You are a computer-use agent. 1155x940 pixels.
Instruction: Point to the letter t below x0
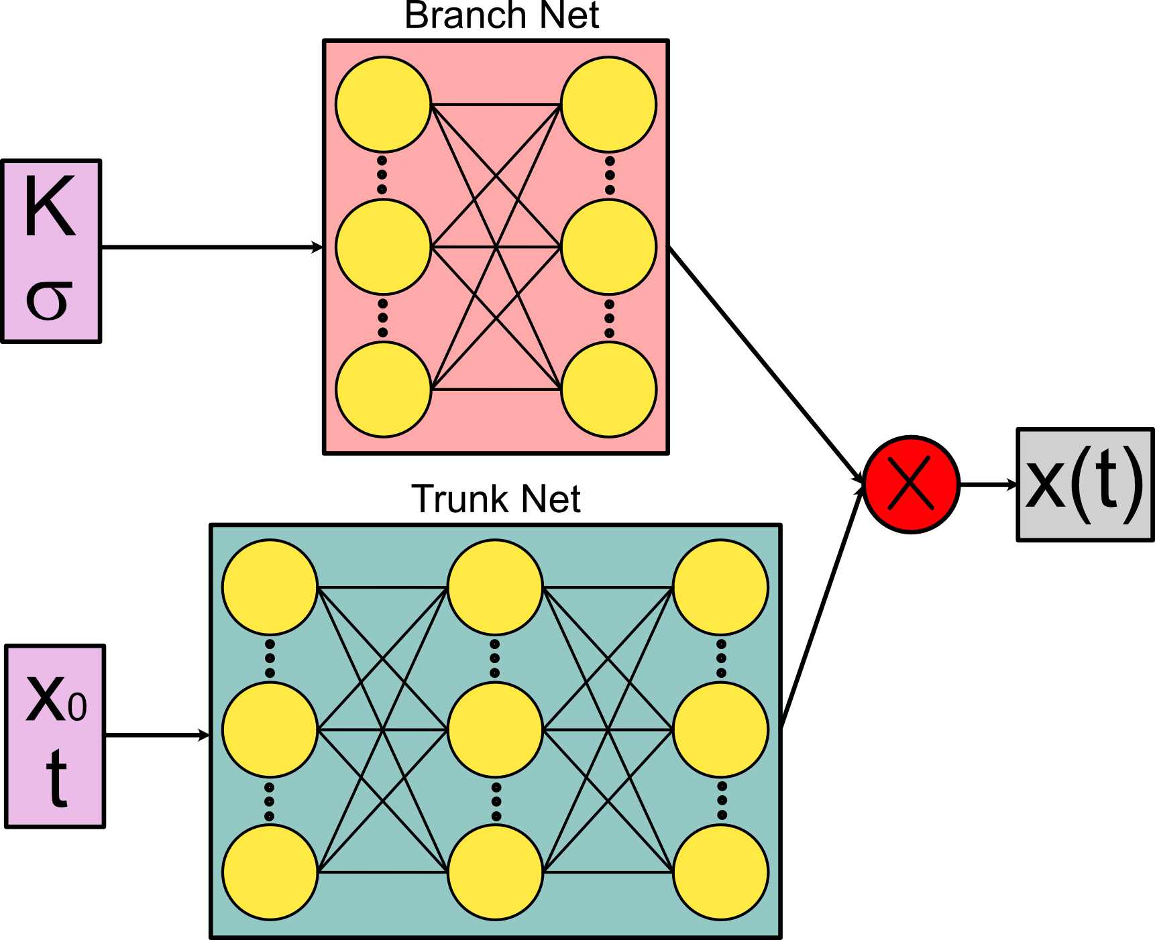pyautogui.click(x=56, y=778)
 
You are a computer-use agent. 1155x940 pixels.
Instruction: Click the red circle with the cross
pyautogui.click(x=910, y=484)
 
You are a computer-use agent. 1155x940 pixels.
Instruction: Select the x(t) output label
pyautogui.click(x=1084, y=483)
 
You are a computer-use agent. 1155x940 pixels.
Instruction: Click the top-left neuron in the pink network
pyautogui.click(x=383, y=105)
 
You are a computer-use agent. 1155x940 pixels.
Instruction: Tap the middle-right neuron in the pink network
pyautogui.click(x=608, y=247)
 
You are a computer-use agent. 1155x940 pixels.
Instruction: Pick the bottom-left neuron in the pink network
pyautogui.click(x=383, y=390)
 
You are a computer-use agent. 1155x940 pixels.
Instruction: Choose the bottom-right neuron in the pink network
pyautogui.click(x=608, y=390)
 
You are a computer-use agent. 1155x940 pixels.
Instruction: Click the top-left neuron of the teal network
pyautogui.click(x=270, y=587)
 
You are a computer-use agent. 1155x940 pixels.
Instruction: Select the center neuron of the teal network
pyautogui.click(x=495, y=729)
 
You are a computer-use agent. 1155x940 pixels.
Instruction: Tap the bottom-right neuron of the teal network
pyautogui.click(x=720, y=872)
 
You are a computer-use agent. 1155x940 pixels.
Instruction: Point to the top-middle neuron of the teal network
pyautogui.click(x=495, y=587)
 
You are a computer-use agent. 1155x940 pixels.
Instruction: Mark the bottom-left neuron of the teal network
pyautogui.click(x=270, y=872)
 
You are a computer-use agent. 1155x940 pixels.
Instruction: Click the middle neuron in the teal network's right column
pyautogui.click(x=720, y=729)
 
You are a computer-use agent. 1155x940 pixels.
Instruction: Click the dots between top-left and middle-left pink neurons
pyautogui.click(x=382, y=175)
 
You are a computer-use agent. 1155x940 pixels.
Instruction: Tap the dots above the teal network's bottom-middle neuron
pyautogui.click(x=496, y=801)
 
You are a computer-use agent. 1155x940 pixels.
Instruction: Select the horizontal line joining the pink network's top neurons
pyautogui.click(x=496, y=105)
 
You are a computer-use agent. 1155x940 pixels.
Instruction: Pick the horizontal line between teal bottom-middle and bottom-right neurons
pyautogui.click(x=608, y=872)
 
